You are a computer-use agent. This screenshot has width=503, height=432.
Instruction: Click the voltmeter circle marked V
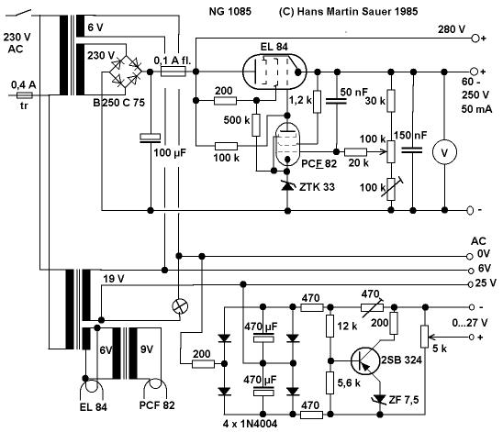(444, 152)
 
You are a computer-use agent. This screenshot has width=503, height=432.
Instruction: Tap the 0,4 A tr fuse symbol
(25, 95)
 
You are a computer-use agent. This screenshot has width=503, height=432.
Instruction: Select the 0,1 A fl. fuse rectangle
(173, 72)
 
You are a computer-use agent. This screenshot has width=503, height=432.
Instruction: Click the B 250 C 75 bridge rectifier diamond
(126, 72)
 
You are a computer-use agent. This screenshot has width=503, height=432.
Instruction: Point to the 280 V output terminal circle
(475, 39)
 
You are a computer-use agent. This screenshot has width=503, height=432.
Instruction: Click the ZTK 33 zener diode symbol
(287, 185)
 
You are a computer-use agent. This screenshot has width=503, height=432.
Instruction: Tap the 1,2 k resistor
(317, 102)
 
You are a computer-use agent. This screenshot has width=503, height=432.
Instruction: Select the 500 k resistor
(256, 125)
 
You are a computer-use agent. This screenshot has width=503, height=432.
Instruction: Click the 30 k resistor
(391, 101)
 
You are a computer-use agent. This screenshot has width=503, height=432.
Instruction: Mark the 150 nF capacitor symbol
(412, 150)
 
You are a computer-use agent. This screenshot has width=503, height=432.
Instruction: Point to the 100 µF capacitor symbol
(151, 138)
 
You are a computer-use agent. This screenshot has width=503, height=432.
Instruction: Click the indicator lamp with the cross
(180, 306)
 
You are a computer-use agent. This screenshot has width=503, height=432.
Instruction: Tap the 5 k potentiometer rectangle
(425, 337)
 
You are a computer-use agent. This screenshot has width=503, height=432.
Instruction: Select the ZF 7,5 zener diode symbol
(380, 399)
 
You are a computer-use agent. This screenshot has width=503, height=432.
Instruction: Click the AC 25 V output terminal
(471, 284)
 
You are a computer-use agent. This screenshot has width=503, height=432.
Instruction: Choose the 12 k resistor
(330, 326)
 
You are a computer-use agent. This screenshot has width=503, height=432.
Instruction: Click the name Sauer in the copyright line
(375, 12)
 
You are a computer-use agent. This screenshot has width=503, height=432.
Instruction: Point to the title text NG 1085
(230, 12)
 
